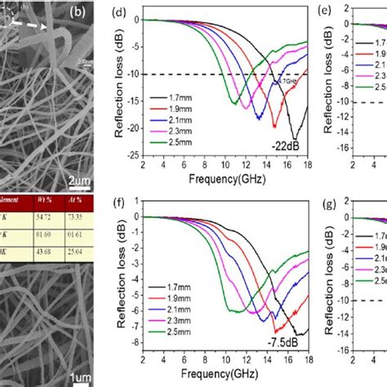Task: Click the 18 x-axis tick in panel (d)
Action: pyautogui.click(x=307, y=167)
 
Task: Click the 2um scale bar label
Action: pyautogui.click(x=79, y=179)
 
